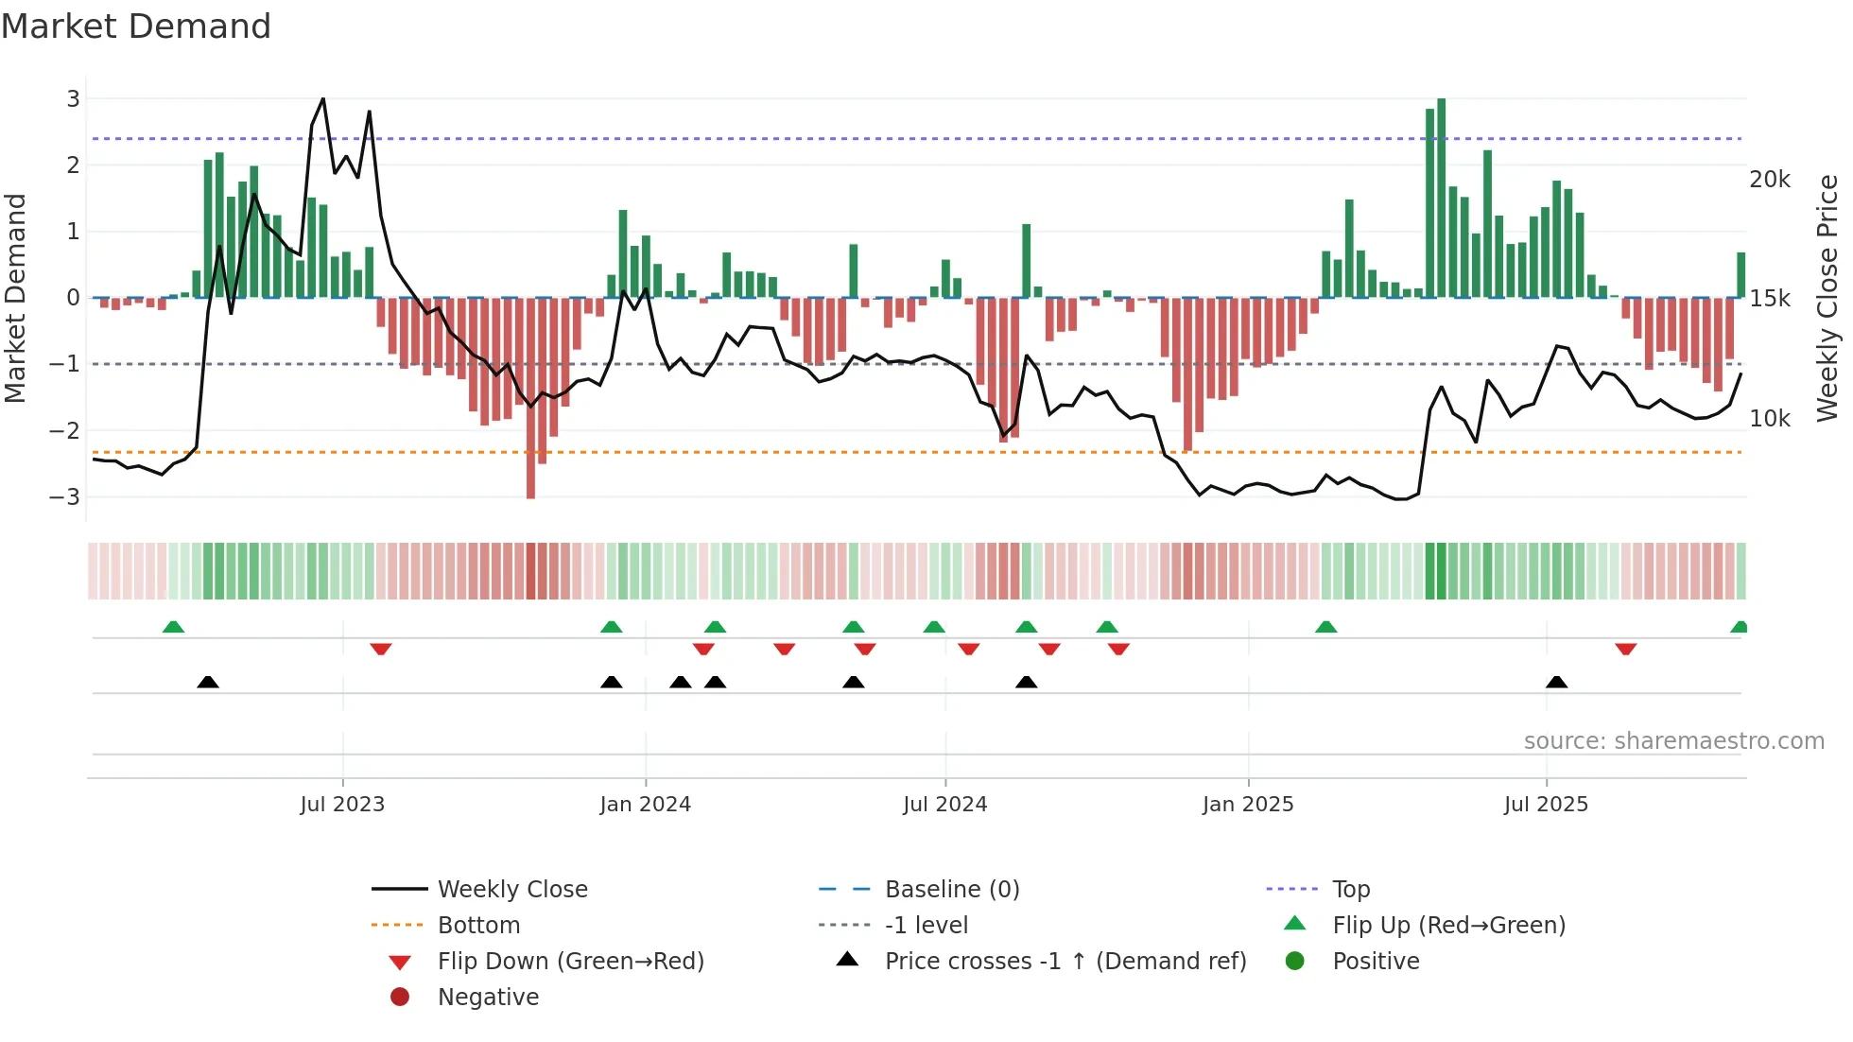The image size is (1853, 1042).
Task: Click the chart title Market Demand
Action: click(136, 26)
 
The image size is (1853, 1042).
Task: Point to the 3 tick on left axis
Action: click(73, 98)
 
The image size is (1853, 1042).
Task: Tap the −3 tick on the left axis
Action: click(65, 496)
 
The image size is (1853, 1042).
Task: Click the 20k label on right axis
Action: click(1769, 180)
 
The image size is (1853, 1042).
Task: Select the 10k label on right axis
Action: click(1769, 418)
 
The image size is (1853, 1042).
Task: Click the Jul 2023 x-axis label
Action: click(342, 805)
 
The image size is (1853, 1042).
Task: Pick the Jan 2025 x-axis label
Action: click(1247, 805)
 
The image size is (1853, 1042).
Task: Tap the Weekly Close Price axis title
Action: click(1827, 298)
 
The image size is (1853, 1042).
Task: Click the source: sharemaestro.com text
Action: click(1673, 741)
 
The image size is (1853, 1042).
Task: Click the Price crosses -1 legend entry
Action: click(1065, 962)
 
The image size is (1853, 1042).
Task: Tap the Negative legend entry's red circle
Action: click(400, 998)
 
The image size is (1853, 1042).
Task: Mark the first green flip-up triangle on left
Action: click(173, 627)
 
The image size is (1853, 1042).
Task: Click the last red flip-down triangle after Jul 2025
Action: click(1625, 649)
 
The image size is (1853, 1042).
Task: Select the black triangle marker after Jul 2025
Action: click(1556, 682)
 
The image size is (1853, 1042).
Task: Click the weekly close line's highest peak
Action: click(323, 98)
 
